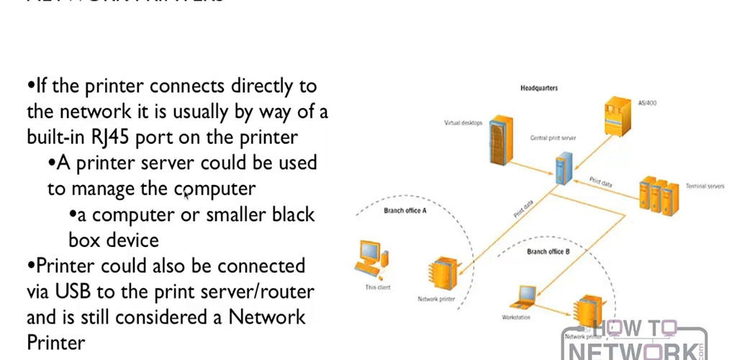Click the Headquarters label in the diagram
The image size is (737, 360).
pyautogui.click(x=539, y=89)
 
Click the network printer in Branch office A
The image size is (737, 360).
pyautogui.click(x=437, y=273)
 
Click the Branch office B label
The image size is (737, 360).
pyautogui.click(x=548, y=251)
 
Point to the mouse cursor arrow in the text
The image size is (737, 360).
pyautogui.click(x=186, y=192)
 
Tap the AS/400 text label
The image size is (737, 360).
pyautogui.click(x=647, y=103)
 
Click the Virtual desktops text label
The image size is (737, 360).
pyautogui.click(x=462, y=122)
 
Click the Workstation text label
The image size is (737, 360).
pyautogui.click(x=515, y=317)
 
